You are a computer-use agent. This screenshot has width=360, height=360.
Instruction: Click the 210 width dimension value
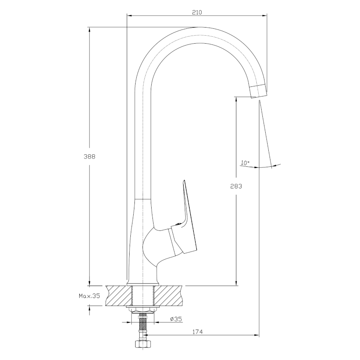(x=197, y=12)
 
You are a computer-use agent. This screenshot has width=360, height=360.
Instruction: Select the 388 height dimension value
(x=89, y=156)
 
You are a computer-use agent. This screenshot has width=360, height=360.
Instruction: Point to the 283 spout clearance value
(x=236, y=186)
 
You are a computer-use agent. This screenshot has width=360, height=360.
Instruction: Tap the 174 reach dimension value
(x=198, y=332)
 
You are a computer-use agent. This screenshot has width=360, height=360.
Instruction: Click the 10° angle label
(x=245, y=163)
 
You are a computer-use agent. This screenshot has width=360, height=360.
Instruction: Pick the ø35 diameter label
(x=176, y=319)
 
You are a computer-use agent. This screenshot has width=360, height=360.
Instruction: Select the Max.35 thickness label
(x=90, y=296)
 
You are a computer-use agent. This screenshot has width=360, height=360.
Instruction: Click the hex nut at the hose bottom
(x=142, y=344)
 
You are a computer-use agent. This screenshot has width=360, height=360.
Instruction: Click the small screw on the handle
(x=177, y=224)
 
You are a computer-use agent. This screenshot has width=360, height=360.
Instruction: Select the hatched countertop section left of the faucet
(x=119, y=296)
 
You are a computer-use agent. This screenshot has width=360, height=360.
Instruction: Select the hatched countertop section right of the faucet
(x=168, y=296)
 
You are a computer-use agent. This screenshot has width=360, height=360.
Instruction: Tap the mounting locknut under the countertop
(x=143, y=310)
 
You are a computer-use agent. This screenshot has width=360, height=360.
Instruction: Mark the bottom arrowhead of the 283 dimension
(x=236, y=283)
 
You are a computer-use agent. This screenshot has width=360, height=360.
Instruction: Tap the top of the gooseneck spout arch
(x=198, y=27)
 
